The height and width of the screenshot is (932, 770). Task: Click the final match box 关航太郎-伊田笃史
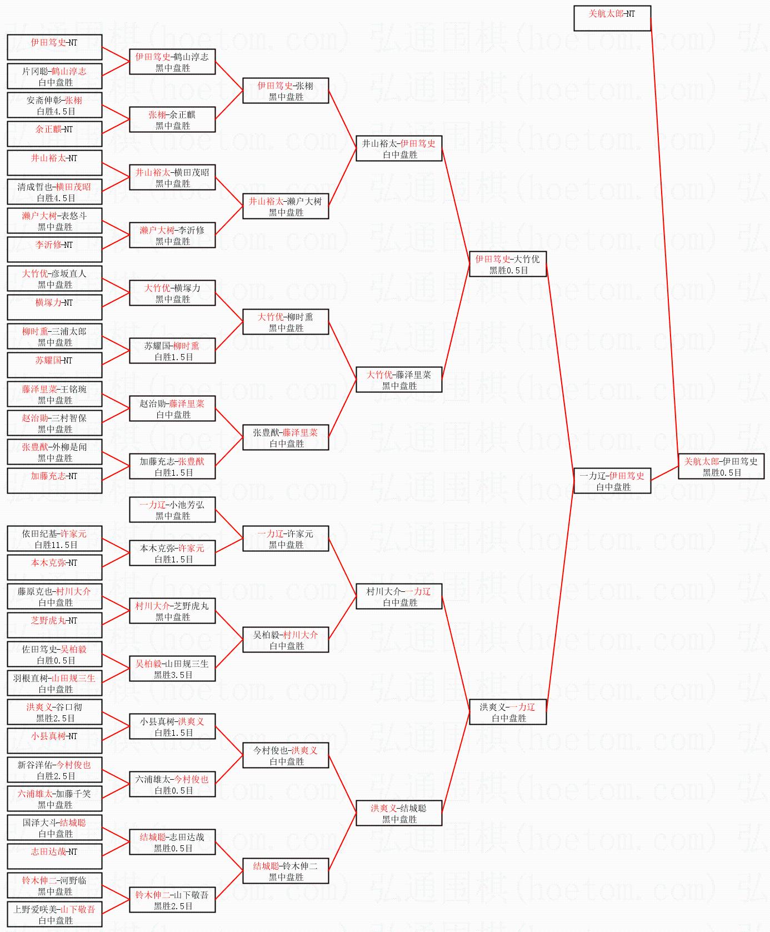coord(721,466)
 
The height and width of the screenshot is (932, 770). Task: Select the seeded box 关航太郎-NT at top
coord(612,18)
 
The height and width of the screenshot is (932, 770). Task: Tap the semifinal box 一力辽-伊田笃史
coord(612,481)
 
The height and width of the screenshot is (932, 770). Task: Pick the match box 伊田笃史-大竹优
coord(507,264)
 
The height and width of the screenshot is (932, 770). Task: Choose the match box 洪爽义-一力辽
coord(507,712)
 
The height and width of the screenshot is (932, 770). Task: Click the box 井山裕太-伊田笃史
coord(398,148)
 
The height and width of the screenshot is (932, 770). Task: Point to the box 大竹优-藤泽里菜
coord(398,380)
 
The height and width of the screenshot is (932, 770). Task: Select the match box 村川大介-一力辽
coord(398,596)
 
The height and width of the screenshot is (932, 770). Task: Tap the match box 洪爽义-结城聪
coord(398,813)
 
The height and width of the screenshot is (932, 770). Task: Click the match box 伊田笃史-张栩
coord(286,91)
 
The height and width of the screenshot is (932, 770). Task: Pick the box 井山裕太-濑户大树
coord(286,206)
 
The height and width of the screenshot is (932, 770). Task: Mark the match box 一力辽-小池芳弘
coord(172,510)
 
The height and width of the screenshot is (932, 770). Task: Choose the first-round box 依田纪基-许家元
coord(54,539)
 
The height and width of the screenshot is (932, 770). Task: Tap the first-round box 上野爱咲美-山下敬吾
coord(54,914)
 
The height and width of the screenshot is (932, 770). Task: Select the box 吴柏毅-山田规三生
coord(172,669)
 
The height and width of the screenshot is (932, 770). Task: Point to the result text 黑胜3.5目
coord(173,675)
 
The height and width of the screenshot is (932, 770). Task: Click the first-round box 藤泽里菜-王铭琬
coord(54,394)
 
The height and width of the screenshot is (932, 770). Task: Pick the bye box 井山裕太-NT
coord(54,163)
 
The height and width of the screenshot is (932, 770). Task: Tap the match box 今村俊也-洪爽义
coord(286,755)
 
